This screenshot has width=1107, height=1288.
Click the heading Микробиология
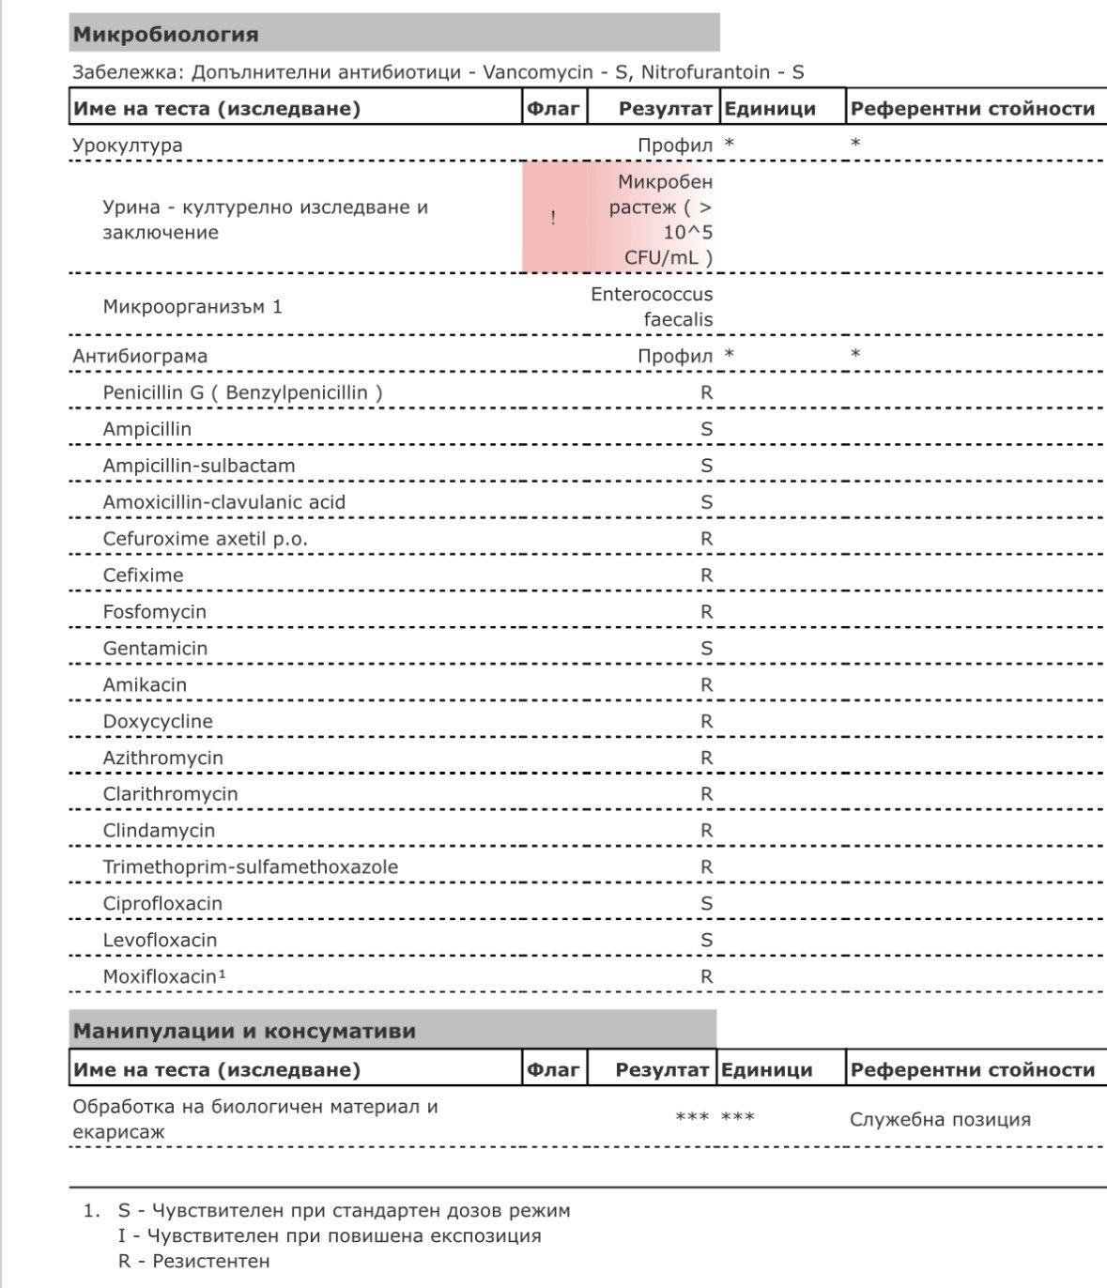(165, 35)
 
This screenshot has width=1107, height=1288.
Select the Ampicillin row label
(147, 429)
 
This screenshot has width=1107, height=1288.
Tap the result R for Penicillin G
(707, 392)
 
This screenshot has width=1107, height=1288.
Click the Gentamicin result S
(707, 648)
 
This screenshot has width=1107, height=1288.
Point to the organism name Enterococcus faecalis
(652, 307)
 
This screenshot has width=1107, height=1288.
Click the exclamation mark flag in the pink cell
(553, 218)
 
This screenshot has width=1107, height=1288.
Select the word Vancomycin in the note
(538, 72)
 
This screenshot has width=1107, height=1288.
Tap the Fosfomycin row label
(155, 611)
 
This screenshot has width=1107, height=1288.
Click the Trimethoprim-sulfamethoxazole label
(251, 866)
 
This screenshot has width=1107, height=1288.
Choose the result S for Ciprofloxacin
(707, 903)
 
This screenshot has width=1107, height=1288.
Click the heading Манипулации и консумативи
(244, 1031)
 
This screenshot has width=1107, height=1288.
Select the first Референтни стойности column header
(972, 108)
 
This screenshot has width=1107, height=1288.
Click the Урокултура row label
(128, 146)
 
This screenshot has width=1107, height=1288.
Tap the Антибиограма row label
(140, 356)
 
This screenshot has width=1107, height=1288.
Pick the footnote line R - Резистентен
(193, 1261)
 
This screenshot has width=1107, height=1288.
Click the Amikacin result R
(707, 684)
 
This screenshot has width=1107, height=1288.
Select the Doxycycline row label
(158, 721)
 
